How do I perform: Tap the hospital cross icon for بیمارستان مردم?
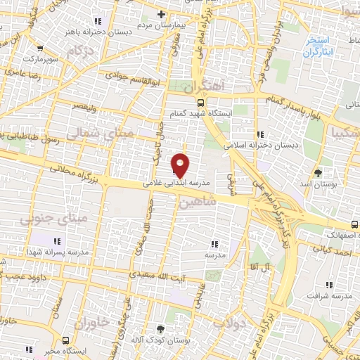[161, 14]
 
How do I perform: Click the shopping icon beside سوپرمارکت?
[39, 49]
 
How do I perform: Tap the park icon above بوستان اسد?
[318, 172]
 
